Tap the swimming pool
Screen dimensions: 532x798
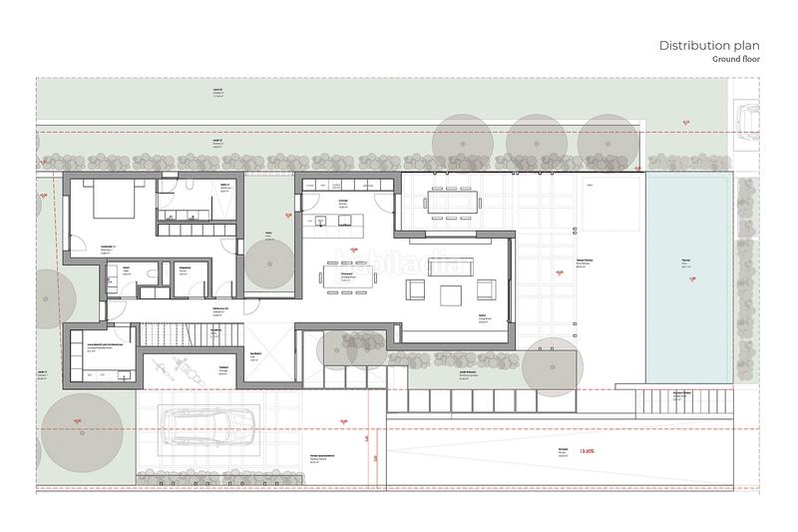point(687,275)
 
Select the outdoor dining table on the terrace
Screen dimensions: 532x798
point(452,202)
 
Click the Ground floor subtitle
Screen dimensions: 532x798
point(736,60)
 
